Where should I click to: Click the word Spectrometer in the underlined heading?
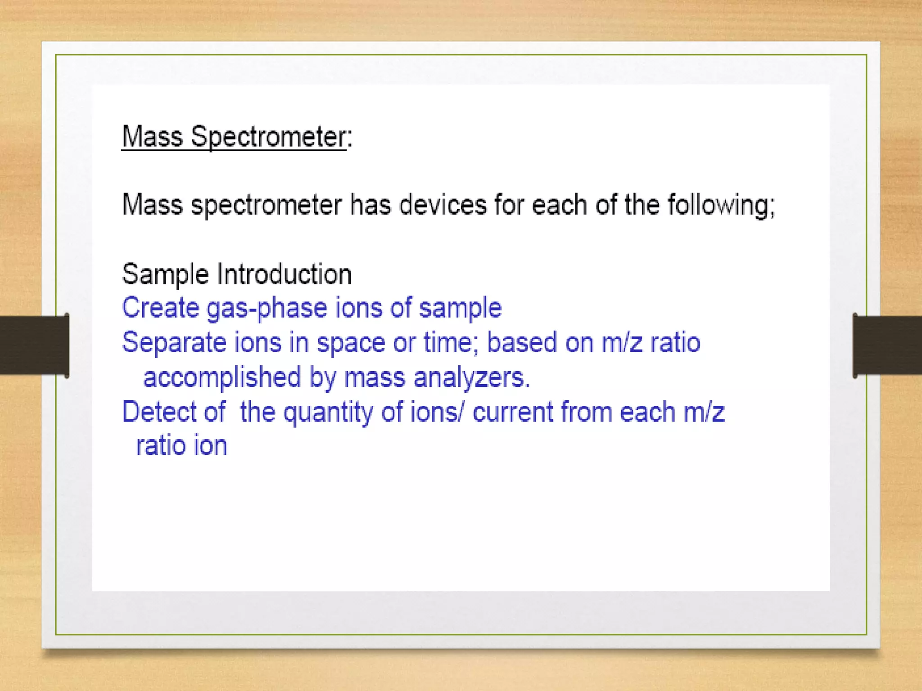(x=268, y=137)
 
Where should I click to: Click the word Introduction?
(x=284, y=274)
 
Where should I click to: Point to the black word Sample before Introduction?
(x=165, y=274)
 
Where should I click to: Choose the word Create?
(x=160, y=308)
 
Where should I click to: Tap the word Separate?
(x=174, y=343)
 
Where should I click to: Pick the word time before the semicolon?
(x=447, y=343)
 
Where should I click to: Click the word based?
(x=522, y=343)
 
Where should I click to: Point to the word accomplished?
(x=221, y=377)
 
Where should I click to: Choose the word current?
(x=513, y=412)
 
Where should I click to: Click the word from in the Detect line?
(x=586, y=412)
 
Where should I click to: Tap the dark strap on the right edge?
(x=887, y=345)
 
